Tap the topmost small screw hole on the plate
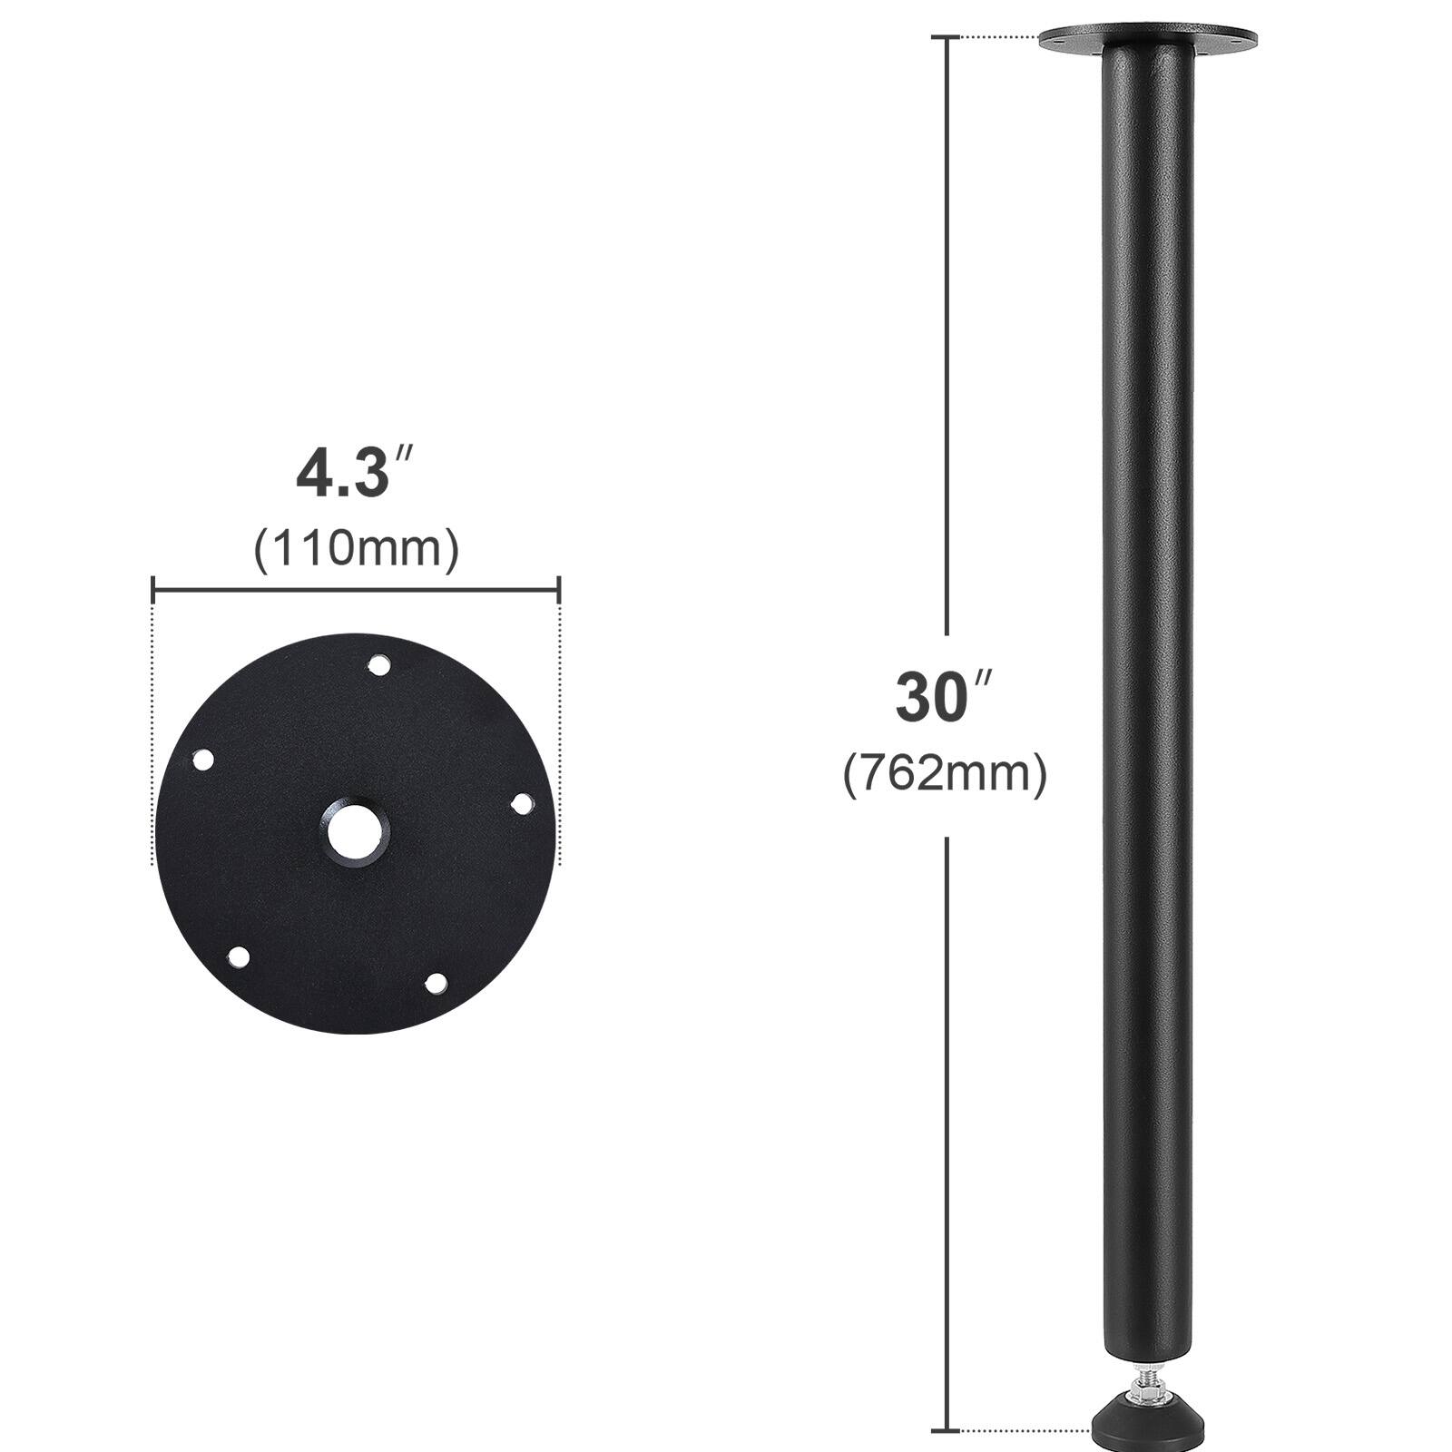[378, 666]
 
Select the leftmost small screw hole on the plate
[202, 760]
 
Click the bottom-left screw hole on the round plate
[239, 957]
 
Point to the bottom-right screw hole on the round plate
[436, 982]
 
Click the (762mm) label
[945, 774]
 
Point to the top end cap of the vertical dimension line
[947, 38]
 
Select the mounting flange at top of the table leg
[1147, 40]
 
